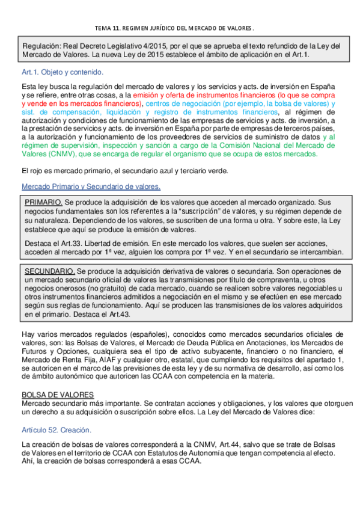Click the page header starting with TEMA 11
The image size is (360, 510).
point(175,28)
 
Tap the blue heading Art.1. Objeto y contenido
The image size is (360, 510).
point(62,72)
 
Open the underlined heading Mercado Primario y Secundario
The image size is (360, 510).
point(91,187)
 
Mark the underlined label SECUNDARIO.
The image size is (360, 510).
point(50,272)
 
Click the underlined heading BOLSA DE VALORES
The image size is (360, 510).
point(57,377)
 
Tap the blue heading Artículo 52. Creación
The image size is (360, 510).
point(56,413)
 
